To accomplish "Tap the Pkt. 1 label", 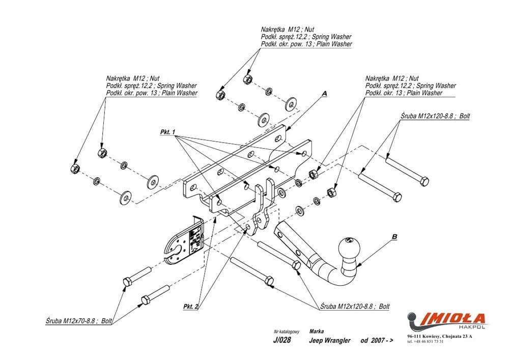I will pyautogui.click(x=167, y=132).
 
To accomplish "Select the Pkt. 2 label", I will pyautogui.click(x=190, y=307).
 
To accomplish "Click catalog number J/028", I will pyautogui.click(x=282, y=341).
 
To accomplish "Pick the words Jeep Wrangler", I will pyautogui.click(x=330, y=341).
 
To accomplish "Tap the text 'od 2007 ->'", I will pyautogui.click(x=377, y=341).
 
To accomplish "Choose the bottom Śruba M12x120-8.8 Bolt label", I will pyautogui.click(x=355, y=307).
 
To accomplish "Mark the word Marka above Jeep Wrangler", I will pyautogui.click(x=316, y=331).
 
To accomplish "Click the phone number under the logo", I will pyautogui.click(x=426, y=341).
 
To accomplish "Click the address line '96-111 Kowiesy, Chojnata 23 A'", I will pyautogui.click(x=440, y=337).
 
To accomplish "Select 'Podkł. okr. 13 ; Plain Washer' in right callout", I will pyautogui.click(x=404, y=93).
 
